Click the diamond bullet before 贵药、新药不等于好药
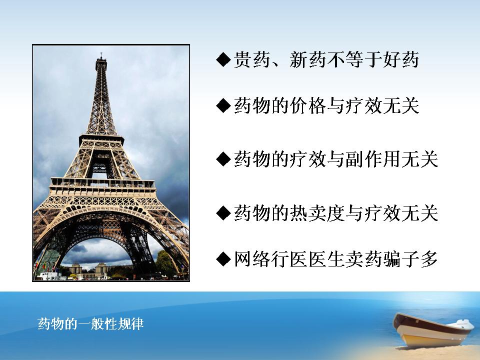[x=223, y=59]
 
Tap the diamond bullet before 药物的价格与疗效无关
[x=223, y=106]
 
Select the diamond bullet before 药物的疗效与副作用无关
[x=223, y=159]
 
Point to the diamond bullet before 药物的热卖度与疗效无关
[x=223, y=213]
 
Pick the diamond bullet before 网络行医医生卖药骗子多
[x=223, y=259]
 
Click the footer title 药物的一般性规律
[x=90, y=323]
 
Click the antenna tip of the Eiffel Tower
[x=101, y=53]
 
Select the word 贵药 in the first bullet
[x=252, y=59]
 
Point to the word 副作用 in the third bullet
[x=373, y=159]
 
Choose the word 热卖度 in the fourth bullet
[x=317, y=213]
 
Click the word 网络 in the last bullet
[x=252, y=259]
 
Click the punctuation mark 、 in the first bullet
[x=277, y=63]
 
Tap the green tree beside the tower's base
[x=165, y=263]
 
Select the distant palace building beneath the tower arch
[x=89, y=269]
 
